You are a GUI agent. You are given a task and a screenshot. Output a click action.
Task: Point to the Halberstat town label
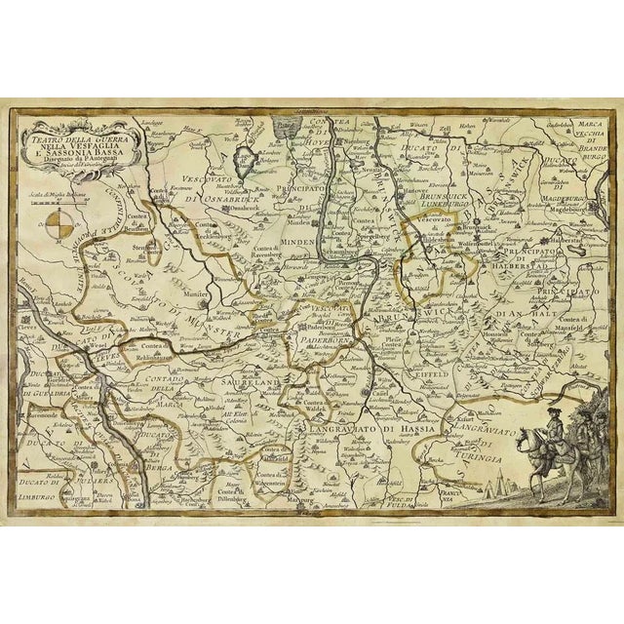coord(541,235)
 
